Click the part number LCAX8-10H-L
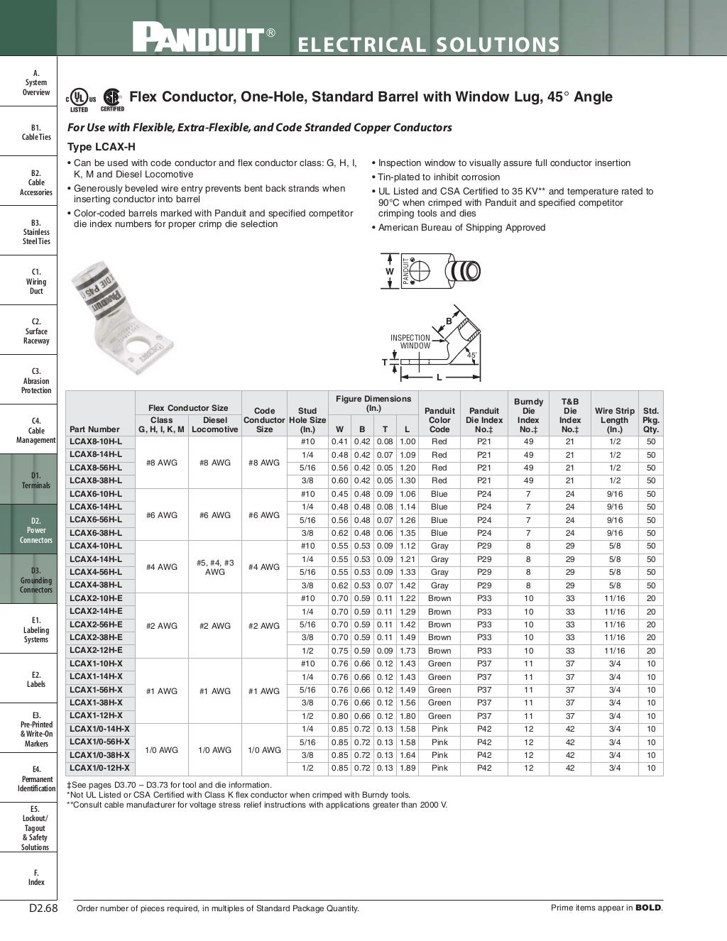96,441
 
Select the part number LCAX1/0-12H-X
100,768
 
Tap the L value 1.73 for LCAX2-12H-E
407,651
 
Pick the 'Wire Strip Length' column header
614,419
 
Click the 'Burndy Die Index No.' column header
528,415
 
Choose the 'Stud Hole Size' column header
307,419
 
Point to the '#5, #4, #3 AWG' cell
215,567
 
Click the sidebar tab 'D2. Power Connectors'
35,529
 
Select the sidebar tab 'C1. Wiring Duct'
35,281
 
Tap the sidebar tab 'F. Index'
35,877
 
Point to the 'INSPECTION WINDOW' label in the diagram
410,342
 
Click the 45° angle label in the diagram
471,354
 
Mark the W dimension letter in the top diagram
389,272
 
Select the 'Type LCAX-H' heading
101,147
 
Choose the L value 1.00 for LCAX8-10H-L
407,441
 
